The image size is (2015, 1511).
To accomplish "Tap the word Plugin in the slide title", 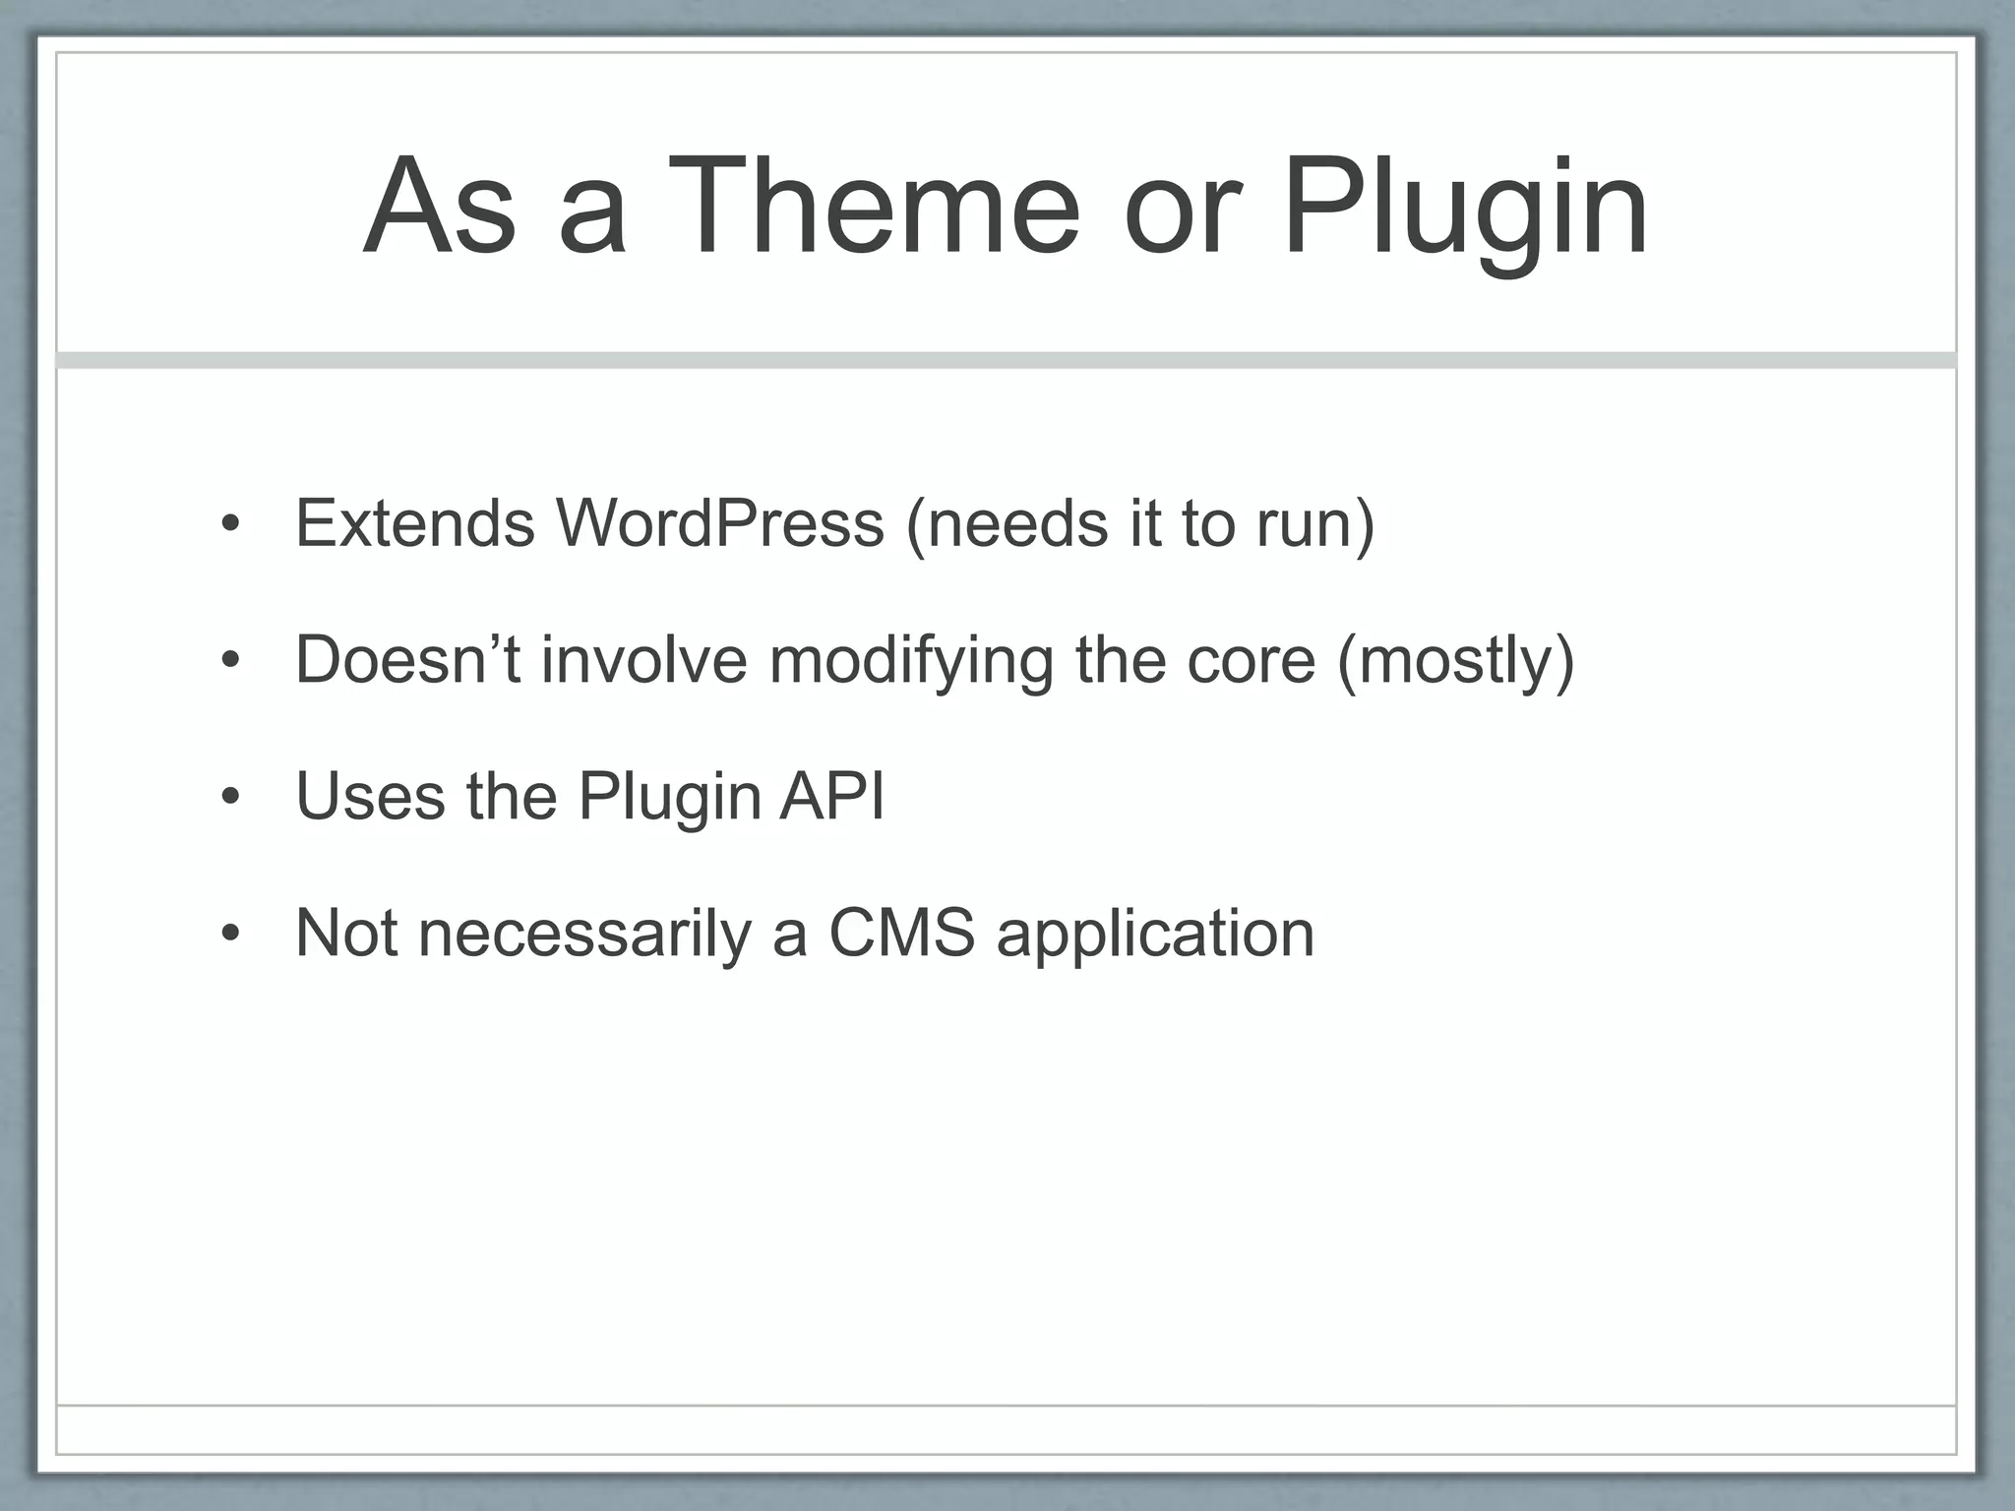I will coord(1464,209).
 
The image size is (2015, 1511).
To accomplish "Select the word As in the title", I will coord(439,209).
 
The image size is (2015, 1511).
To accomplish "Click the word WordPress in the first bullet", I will coord(720,522).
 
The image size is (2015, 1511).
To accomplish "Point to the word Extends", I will coord(415,522).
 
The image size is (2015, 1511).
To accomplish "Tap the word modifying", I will coord(911,661).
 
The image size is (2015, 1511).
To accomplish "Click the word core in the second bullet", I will coord(1251,659).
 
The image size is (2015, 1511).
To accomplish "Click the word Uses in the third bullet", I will coord(370,795).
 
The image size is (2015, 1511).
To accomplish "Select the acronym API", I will coord(831,795).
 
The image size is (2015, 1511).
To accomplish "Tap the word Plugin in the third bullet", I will coord(669,797).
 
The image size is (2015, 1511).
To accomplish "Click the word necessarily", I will coord(584,934).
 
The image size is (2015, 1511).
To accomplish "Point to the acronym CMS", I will coord(901,932).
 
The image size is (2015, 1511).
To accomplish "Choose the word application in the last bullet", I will coord(1155,934).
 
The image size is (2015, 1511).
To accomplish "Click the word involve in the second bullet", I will coord(644,659).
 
